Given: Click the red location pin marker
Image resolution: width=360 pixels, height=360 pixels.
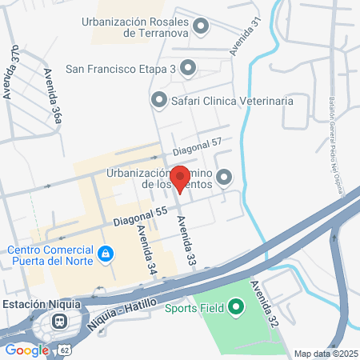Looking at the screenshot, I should coord(180,178).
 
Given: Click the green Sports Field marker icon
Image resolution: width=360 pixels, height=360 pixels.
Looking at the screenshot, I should coord(235,306).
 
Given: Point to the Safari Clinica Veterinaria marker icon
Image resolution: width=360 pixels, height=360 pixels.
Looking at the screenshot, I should coord(158,102).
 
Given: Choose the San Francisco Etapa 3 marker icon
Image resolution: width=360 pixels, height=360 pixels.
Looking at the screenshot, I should coord(188,69).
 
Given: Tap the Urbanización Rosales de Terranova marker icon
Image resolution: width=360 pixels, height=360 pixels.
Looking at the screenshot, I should coord(202,28).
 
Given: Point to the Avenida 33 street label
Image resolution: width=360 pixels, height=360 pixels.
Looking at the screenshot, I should coord(186,239).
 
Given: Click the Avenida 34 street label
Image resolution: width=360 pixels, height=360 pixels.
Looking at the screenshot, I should coord(146,249).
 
